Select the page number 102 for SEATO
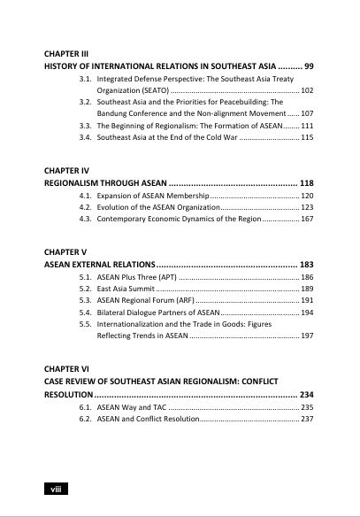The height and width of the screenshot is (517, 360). (x=307, y=90)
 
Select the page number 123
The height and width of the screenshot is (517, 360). (x=307, y=206)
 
